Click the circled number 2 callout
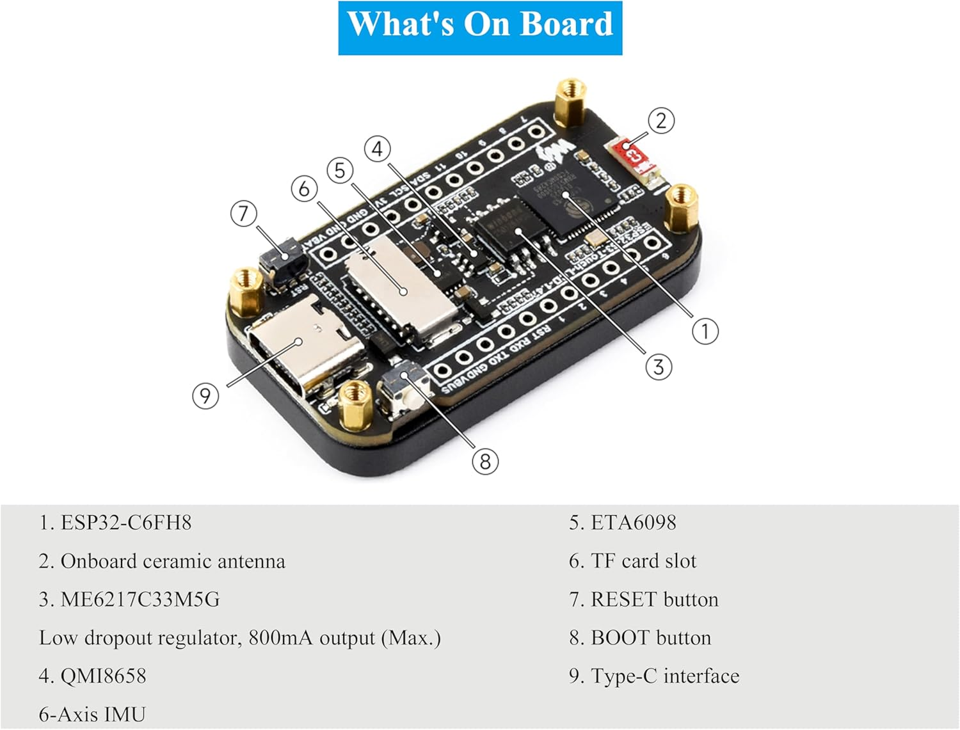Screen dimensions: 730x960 (661, 120)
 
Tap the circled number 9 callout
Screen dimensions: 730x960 (205, 396)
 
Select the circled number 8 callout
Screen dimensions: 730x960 (484, 461)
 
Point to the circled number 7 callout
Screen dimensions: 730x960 (243, 214)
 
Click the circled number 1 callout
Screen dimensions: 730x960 (705, 331)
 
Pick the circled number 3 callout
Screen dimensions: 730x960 (659, 367)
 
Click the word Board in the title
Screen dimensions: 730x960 (566, 24)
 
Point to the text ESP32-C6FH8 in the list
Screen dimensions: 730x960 (125, 523)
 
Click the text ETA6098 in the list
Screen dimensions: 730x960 (633, 523)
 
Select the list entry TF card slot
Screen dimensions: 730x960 (643, 561)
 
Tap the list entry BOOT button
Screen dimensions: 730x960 (650, 638)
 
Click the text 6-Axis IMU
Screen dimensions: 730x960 (92, 714)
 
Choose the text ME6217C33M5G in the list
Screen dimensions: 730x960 (140, 599)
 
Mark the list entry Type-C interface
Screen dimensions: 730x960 (664, 676)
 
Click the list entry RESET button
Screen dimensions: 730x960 (654, 599)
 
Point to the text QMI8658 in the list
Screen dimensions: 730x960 (103, 676)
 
